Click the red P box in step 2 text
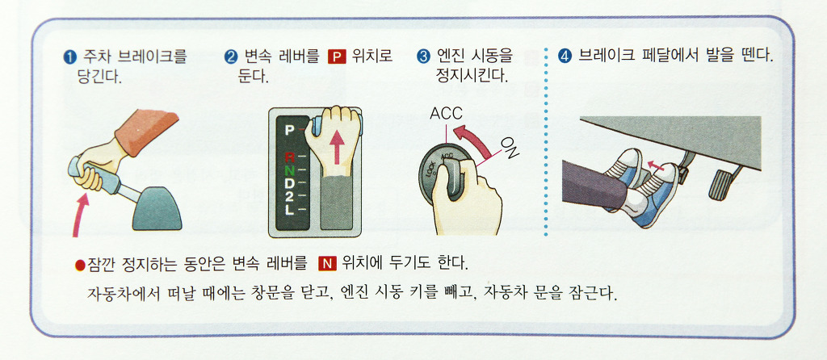point(337,57)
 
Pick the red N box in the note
point(328,262)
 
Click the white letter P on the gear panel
point(288,130)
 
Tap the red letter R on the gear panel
point(289,157)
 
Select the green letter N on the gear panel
point(289,170)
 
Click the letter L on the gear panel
point(289,210)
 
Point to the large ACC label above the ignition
point(446,113)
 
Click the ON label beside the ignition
point(510,148)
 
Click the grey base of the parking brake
point(157,208)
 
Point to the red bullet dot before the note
point(80,264)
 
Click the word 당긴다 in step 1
point(99,78)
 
